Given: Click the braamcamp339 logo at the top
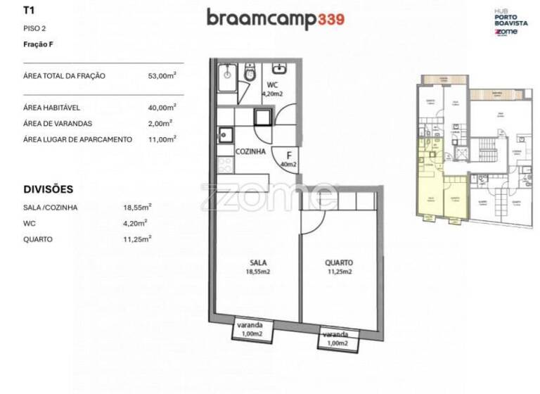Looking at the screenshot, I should (x=275, y=18).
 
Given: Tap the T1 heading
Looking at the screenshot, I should (x=30, y=11).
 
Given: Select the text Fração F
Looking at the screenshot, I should (x=38, y=44).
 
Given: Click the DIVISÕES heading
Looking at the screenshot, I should (x=49, y=189).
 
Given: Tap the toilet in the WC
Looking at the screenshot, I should (x=250, y=72).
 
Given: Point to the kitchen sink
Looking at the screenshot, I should (x=226, y=134).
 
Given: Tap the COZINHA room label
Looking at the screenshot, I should (x=250, y=151).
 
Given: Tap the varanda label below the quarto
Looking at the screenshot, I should (x=337, y=335).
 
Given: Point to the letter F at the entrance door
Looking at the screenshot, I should (x=290, y=155).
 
